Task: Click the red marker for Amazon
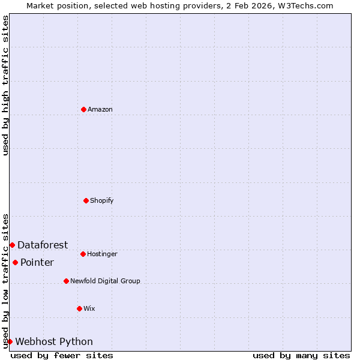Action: pyautogui.click(x=83, y=109)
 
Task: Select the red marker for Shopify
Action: pyautogui.click(x=86, y=200)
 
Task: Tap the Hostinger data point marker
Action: pyautogui.click(x=83, y=254)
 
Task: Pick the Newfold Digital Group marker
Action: pyautogui.click(x=66, y=281)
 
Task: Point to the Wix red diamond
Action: pyautogui.click(x=79, y=308)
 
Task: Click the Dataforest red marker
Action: pyautogui.click(x=12, y=245)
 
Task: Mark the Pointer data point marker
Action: pyautogui.click(x=15, y=262)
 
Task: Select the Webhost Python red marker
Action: pyautogui.click(x=10, y=341)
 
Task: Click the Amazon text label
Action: pyautogui.click(x=100, y=109)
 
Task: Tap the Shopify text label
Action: pyautogui.click(x=102, y=200)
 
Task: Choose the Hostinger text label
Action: pyautogui.click(x=102, y=254)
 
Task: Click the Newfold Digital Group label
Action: pyautogui.click(x=105, y=281)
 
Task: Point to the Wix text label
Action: pyautogui.click(x=89, y=308)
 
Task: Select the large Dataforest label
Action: pyautogui.click(x=43, y=245)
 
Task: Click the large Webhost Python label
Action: pyautogui.click(x=54, y=341)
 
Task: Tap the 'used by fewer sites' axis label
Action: pyautogui.click(x=62, y=355)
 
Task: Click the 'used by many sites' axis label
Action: pyautogui.click(x=301, y=355)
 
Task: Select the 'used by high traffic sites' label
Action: pyautogui.click(x=5, y=85)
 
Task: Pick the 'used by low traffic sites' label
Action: pyautogui.click(x=5, y=281)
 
